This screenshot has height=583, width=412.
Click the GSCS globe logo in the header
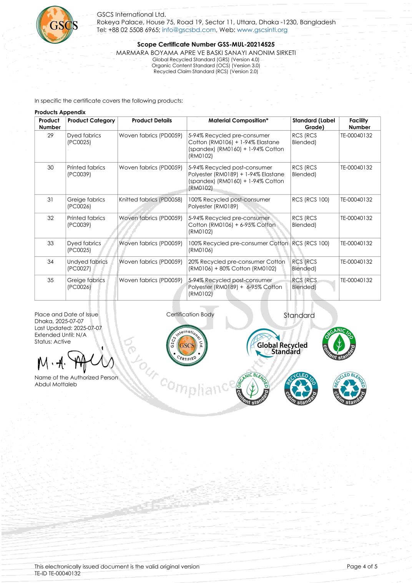coord(56,25)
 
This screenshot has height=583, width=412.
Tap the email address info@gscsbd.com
coord(189,30)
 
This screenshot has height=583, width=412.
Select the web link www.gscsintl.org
coord(262,30)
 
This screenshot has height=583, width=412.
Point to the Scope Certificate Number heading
coord(206,45)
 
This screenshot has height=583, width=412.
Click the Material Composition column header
coord(238,121)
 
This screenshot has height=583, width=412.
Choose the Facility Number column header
coord(359,124)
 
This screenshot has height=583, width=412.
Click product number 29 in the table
coord(50,136)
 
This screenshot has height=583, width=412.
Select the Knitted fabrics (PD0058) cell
coord(150,200)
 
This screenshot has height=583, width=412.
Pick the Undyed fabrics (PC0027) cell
coord(87,265)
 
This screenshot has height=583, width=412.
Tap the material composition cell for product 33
coord(238,247)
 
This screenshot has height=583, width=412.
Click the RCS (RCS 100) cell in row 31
coord(311,200)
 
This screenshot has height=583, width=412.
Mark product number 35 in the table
coord(50,280)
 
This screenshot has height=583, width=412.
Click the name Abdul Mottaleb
coord(56,384)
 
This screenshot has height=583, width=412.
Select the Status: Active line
coord(53,342)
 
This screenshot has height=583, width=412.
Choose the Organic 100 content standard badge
coord(339,343)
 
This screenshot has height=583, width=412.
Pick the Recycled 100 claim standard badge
coord(301,389)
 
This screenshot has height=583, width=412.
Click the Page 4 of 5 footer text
coord(362,566)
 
